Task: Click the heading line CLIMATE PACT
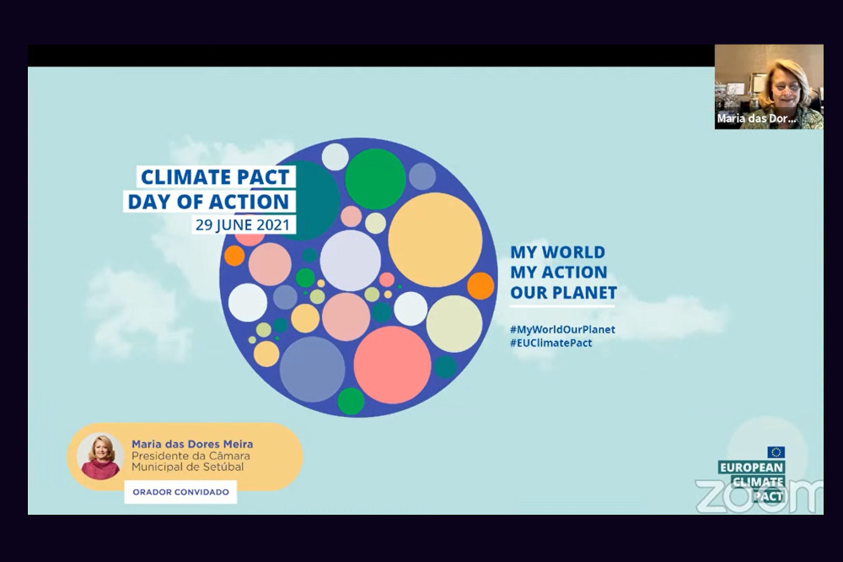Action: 215,176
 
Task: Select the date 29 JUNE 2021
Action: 243,224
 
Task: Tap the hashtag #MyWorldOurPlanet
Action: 562,329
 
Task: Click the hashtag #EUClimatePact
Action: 551,343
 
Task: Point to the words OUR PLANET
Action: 563,292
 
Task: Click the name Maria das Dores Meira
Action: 192,444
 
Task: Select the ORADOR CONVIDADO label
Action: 180,492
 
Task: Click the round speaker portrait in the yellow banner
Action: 100,456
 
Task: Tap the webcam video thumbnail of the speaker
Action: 769,87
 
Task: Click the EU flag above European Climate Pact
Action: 776,452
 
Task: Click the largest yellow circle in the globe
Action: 435,240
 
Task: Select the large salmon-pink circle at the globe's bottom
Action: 392,365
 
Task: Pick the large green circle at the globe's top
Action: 375,179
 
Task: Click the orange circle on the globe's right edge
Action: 481,286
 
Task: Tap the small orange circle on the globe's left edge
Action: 234,256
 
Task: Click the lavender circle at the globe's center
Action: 350,261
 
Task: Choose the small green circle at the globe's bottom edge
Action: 351,401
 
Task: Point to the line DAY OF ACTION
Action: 208,202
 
